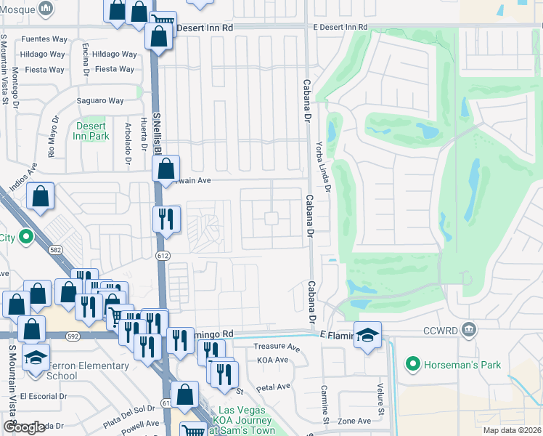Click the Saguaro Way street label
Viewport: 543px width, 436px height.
click(105, 101)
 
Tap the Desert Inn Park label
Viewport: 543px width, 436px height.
click(92, 131)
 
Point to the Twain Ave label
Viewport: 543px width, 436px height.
click(192, 181)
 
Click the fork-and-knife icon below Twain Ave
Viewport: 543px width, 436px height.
click(165, 218)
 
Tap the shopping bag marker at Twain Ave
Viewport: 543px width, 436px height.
click(166, 169)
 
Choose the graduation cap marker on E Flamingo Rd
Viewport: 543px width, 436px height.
click(368, 334)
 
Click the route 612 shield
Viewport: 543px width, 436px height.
click(163, 255)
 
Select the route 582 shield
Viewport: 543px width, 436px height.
click(55, 249)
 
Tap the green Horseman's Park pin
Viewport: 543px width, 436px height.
click(413, 363)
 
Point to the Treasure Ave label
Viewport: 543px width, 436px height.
click(277, 347)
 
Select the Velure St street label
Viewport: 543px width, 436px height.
click(379, 398)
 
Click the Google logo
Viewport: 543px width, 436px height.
click(24, 427)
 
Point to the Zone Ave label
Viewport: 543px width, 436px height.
click(354, 421)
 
